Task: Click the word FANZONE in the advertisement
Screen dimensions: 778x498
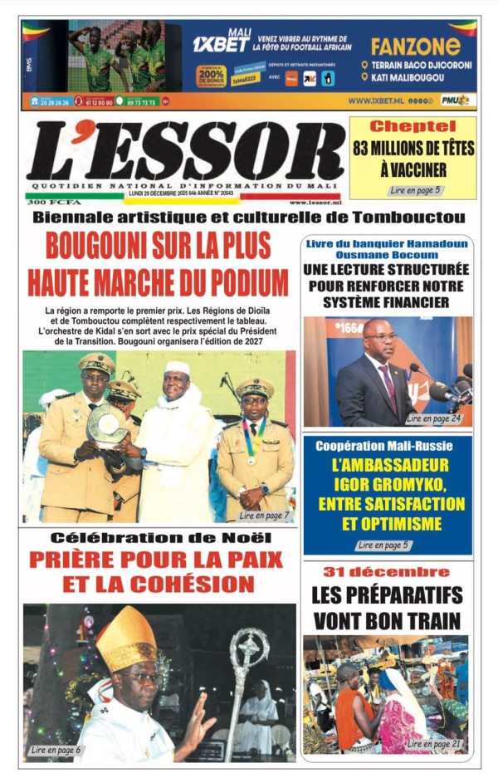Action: pos(415,46)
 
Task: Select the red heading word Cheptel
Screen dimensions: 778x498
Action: pos(413,127)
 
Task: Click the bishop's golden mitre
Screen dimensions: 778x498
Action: pos(125,639)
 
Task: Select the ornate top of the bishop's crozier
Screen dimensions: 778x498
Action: pos(250,646)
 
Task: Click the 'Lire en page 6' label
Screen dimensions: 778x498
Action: pos(55,750)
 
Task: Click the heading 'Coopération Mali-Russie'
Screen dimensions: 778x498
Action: pos(388,447)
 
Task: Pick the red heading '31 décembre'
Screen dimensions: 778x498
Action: pos(386,572)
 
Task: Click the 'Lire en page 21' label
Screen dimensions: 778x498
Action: pos(433,744)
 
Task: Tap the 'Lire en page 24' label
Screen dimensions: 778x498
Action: pos(433,419)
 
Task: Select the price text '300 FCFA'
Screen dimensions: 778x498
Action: pos(47,202)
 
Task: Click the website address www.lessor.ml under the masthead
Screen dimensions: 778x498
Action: pos(315,202)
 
